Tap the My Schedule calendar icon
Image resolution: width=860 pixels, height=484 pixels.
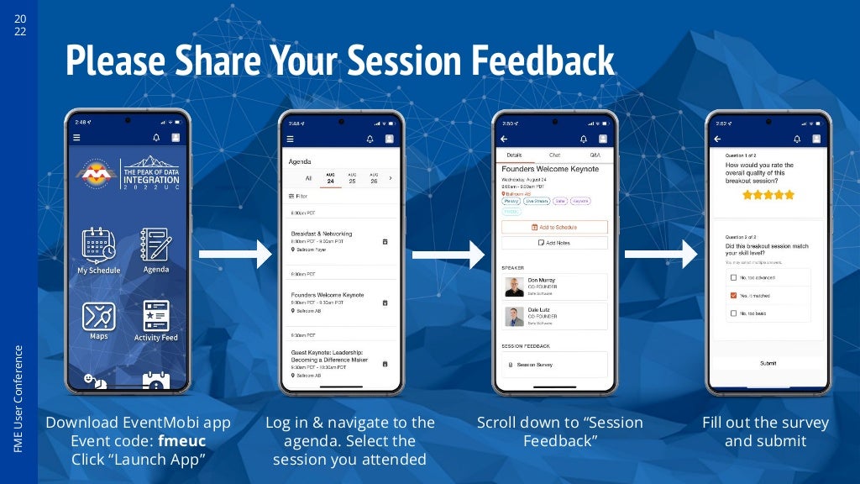(98, 245)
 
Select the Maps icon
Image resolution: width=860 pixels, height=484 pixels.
(98, 316)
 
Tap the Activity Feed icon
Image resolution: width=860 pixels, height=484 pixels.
(156, 315)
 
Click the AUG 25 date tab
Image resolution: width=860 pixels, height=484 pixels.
(352, 178)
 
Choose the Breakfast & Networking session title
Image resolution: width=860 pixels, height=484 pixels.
(322, 234)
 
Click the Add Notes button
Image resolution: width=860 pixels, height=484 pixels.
(554, 243)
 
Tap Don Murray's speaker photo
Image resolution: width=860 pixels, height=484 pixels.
(515, 287)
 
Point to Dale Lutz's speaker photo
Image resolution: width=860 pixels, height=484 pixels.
(515, 316)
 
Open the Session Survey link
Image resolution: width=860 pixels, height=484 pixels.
(535, 365)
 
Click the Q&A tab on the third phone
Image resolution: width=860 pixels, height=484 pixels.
(595, 155)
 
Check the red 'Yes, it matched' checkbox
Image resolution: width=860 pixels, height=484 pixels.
(734, 296)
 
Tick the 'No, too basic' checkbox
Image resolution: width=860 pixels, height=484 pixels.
(734, 313)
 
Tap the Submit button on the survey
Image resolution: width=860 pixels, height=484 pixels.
(768, 363)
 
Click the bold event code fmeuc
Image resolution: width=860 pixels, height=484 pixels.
(181, 440)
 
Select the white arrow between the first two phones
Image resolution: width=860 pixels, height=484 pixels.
(235, 254)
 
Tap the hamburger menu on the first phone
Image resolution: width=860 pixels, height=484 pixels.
(77, 139)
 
